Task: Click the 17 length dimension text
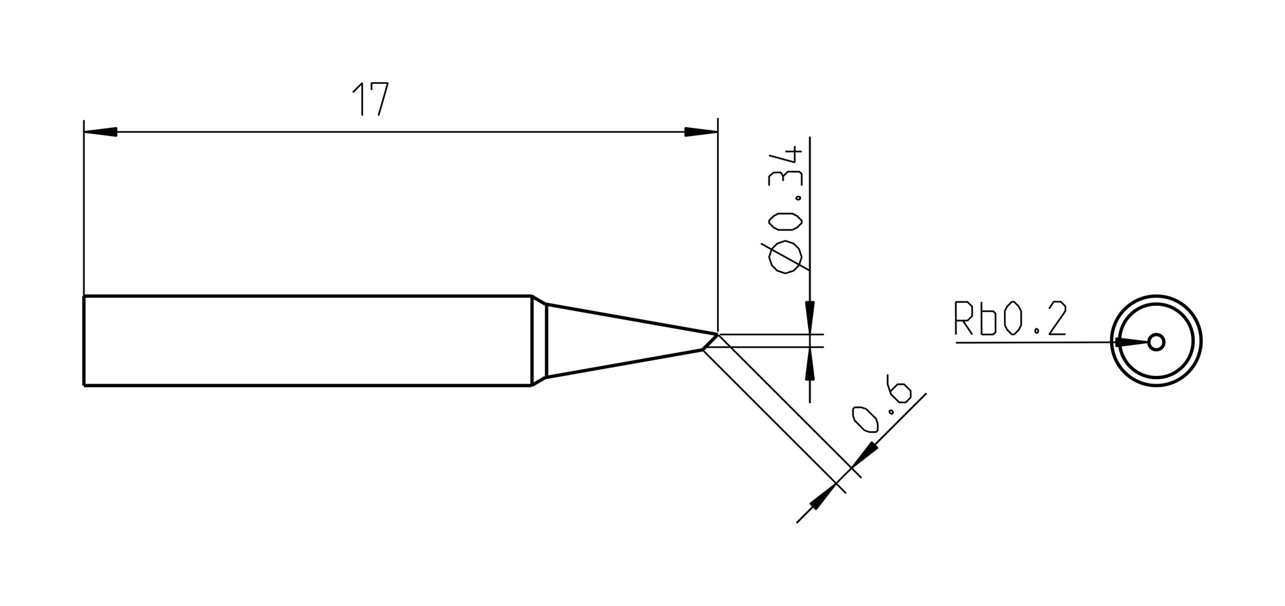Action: click(370, 99)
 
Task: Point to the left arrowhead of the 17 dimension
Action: click(100, 132)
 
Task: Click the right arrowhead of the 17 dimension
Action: click(700, 132)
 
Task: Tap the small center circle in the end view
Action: click(1156, 342)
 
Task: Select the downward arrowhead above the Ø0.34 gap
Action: click(810, 317)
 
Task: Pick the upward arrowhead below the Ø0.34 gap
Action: click(810, 363)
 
